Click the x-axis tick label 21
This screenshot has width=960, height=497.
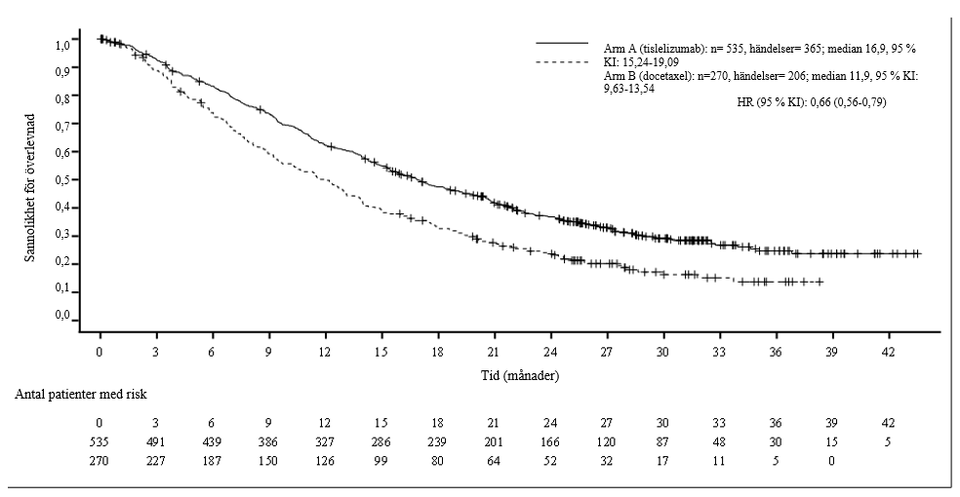click(494, 352)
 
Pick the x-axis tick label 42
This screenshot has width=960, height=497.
click(888, 352)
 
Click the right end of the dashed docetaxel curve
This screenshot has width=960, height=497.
click(822, 282)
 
